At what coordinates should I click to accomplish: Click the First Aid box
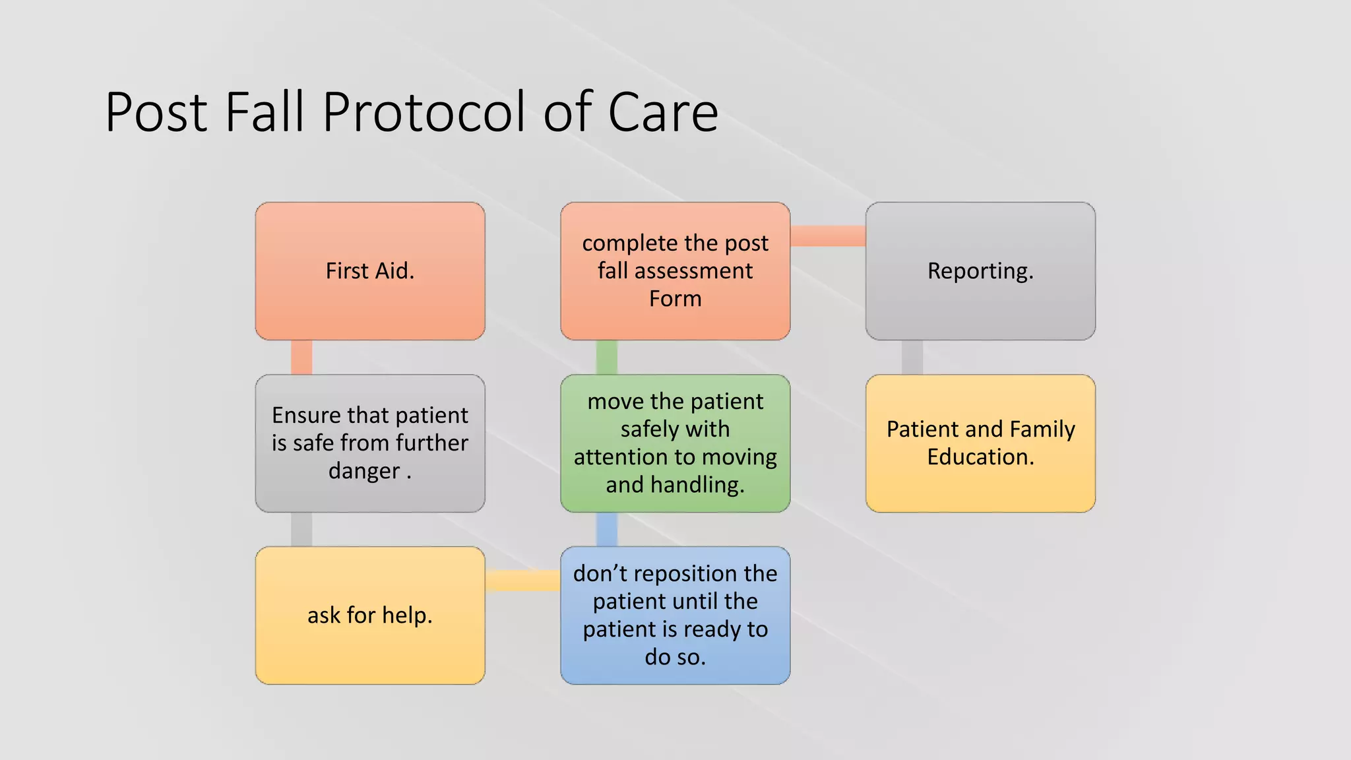pos(370,271)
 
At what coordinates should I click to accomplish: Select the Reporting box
pos(980,271)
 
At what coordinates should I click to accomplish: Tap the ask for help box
pos(370,616)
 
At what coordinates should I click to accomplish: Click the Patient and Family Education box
pos(980,443)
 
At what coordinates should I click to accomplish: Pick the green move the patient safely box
pos(675,443)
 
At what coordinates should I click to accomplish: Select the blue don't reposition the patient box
pos(675,616)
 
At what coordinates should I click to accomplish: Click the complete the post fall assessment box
pos(675,271)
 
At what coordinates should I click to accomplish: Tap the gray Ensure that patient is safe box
pos(370,443)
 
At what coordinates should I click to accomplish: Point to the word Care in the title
pos(662,112)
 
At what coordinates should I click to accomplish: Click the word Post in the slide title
pos(157,112)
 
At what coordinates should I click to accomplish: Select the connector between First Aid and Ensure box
pos(301,358)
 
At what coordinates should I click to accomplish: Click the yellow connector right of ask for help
pos(522,581)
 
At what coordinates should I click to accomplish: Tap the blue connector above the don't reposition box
pos(607,530)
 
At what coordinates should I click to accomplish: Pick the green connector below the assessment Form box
pos(607,358)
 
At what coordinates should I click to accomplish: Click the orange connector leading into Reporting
pos(828,236)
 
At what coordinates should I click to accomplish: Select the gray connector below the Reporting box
pos(912,358)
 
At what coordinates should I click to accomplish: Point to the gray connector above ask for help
pos(301,530)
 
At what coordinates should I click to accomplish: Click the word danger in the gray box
pos(364,471)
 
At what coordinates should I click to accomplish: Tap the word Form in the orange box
pos(675,299)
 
